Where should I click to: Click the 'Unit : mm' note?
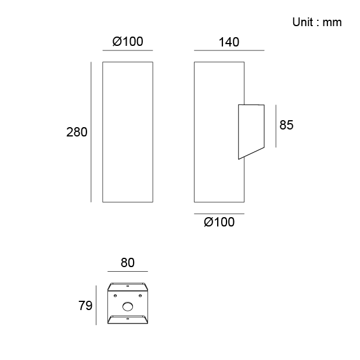[317, 22]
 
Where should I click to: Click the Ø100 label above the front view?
[128, 42]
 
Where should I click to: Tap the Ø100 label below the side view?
[219, 222]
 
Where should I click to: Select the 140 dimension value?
[229, 42]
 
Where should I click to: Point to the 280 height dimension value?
[77, 132]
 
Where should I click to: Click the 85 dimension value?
[286, 125]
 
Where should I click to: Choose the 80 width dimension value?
[127, 262]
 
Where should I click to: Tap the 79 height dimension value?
[85, 305]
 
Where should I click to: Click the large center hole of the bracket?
[128, 306]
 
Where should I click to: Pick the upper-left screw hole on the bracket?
[115, 296]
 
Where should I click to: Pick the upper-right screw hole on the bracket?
[140, 296]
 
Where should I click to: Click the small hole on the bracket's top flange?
[128, 286]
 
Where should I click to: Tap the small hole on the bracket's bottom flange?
[128, 319]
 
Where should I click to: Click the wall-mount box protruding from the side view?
[251, 132]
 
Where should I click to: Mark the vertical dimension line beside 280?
[91, 132]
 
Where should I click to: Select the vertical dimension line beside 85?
[276, 126]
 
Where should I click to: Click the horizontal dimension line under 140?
[229, 51]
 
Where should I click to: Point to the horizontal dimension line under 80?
[128, 271]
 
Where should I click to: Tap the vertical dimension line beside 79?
[96, 305]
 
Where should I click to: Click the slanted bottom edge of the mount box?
[251, 153]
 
